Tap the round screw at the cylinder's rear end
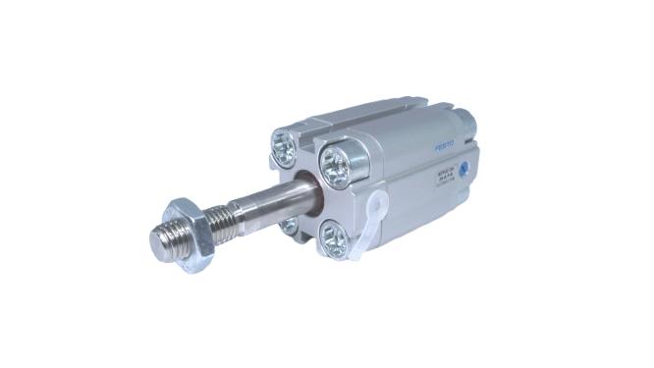[465, 123]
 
